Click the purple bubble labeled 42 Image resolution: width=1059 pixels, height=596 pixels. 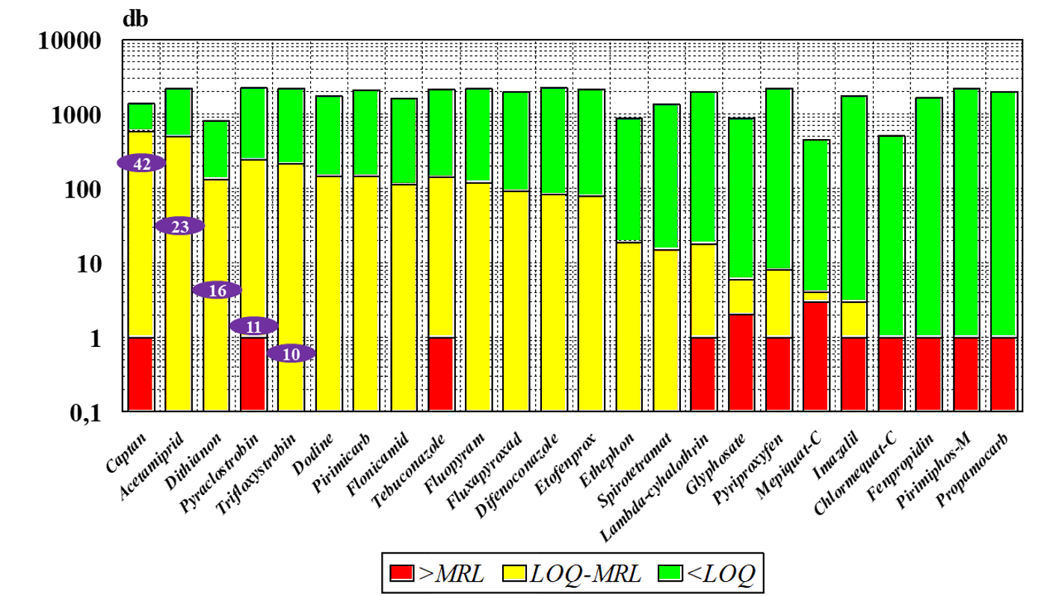pos(141,163)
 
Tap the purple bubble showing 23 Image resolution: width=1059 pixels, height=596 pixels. pos(179,226)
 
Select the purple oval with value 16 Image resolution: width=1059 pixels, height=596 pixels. pos(217,290)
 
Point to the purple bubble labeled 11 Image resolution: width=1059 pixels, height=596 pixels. pos(253,326)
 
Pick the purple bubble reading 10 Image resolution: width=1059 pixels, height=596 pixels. pos(291,353)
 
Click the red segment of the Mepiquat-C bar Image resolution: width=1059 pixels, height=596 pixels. pos(815,355)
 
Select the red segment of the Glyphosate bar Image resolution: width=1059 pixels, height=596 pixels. pos(741,361)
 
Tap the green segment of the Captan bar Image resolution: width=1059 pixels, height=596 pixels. pos(141,117)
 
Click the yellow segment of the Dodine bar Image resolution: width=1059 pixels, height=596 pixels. pos(329,292)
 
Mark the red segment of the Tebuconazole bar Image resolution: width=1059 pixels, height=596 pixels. pos(441,373)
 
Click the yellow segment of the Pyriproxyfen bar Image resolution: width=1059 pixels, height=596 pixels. pos(778,302)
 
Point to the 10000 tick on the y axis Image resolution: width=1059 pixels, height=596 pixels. pos(69,42)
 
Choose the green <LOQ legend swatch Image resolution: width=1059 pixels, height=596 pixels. pos(670,574)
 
